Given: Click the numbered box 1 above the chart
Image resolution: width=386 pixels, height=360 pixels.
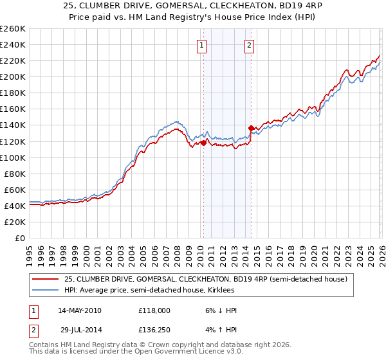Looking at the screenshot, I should tap(202, 45).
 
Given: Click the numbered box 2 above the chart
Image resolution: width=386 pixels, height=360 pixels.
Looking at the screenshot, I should tap(249, 45).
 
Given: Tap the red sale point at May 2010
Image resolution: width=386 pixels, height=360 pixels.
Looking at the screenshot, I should tap(203, 143).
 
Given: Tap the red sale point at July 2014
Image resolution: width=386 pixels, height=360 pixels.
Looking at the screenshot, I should tap(251, 128).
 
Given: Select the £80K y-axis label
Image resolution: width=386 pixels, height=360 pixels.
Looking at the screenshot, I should tap(15, 174).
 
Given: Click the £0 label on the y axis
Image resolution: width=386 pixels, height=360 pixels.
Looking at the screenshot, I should tap(19, 238).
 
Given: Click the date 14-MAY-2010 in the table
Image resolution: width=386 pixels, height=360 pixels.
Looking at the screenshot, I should tap(79, 310).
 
